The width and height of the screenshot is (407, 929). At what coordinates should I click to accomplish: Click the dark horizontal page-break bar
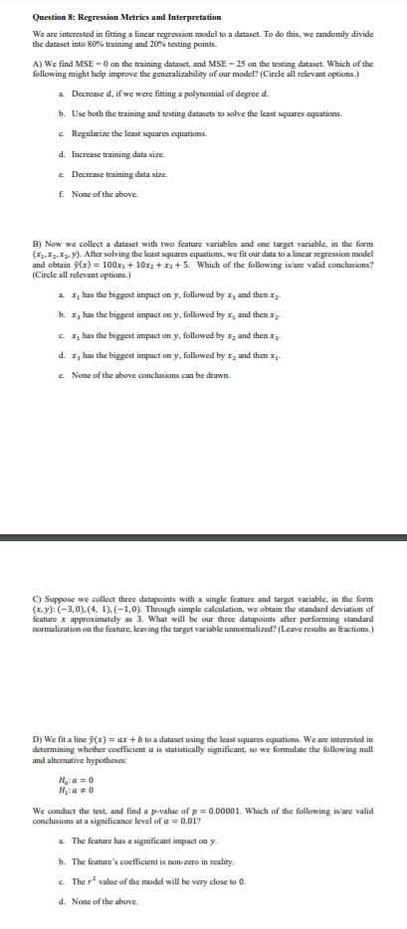tap(203, 541)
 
